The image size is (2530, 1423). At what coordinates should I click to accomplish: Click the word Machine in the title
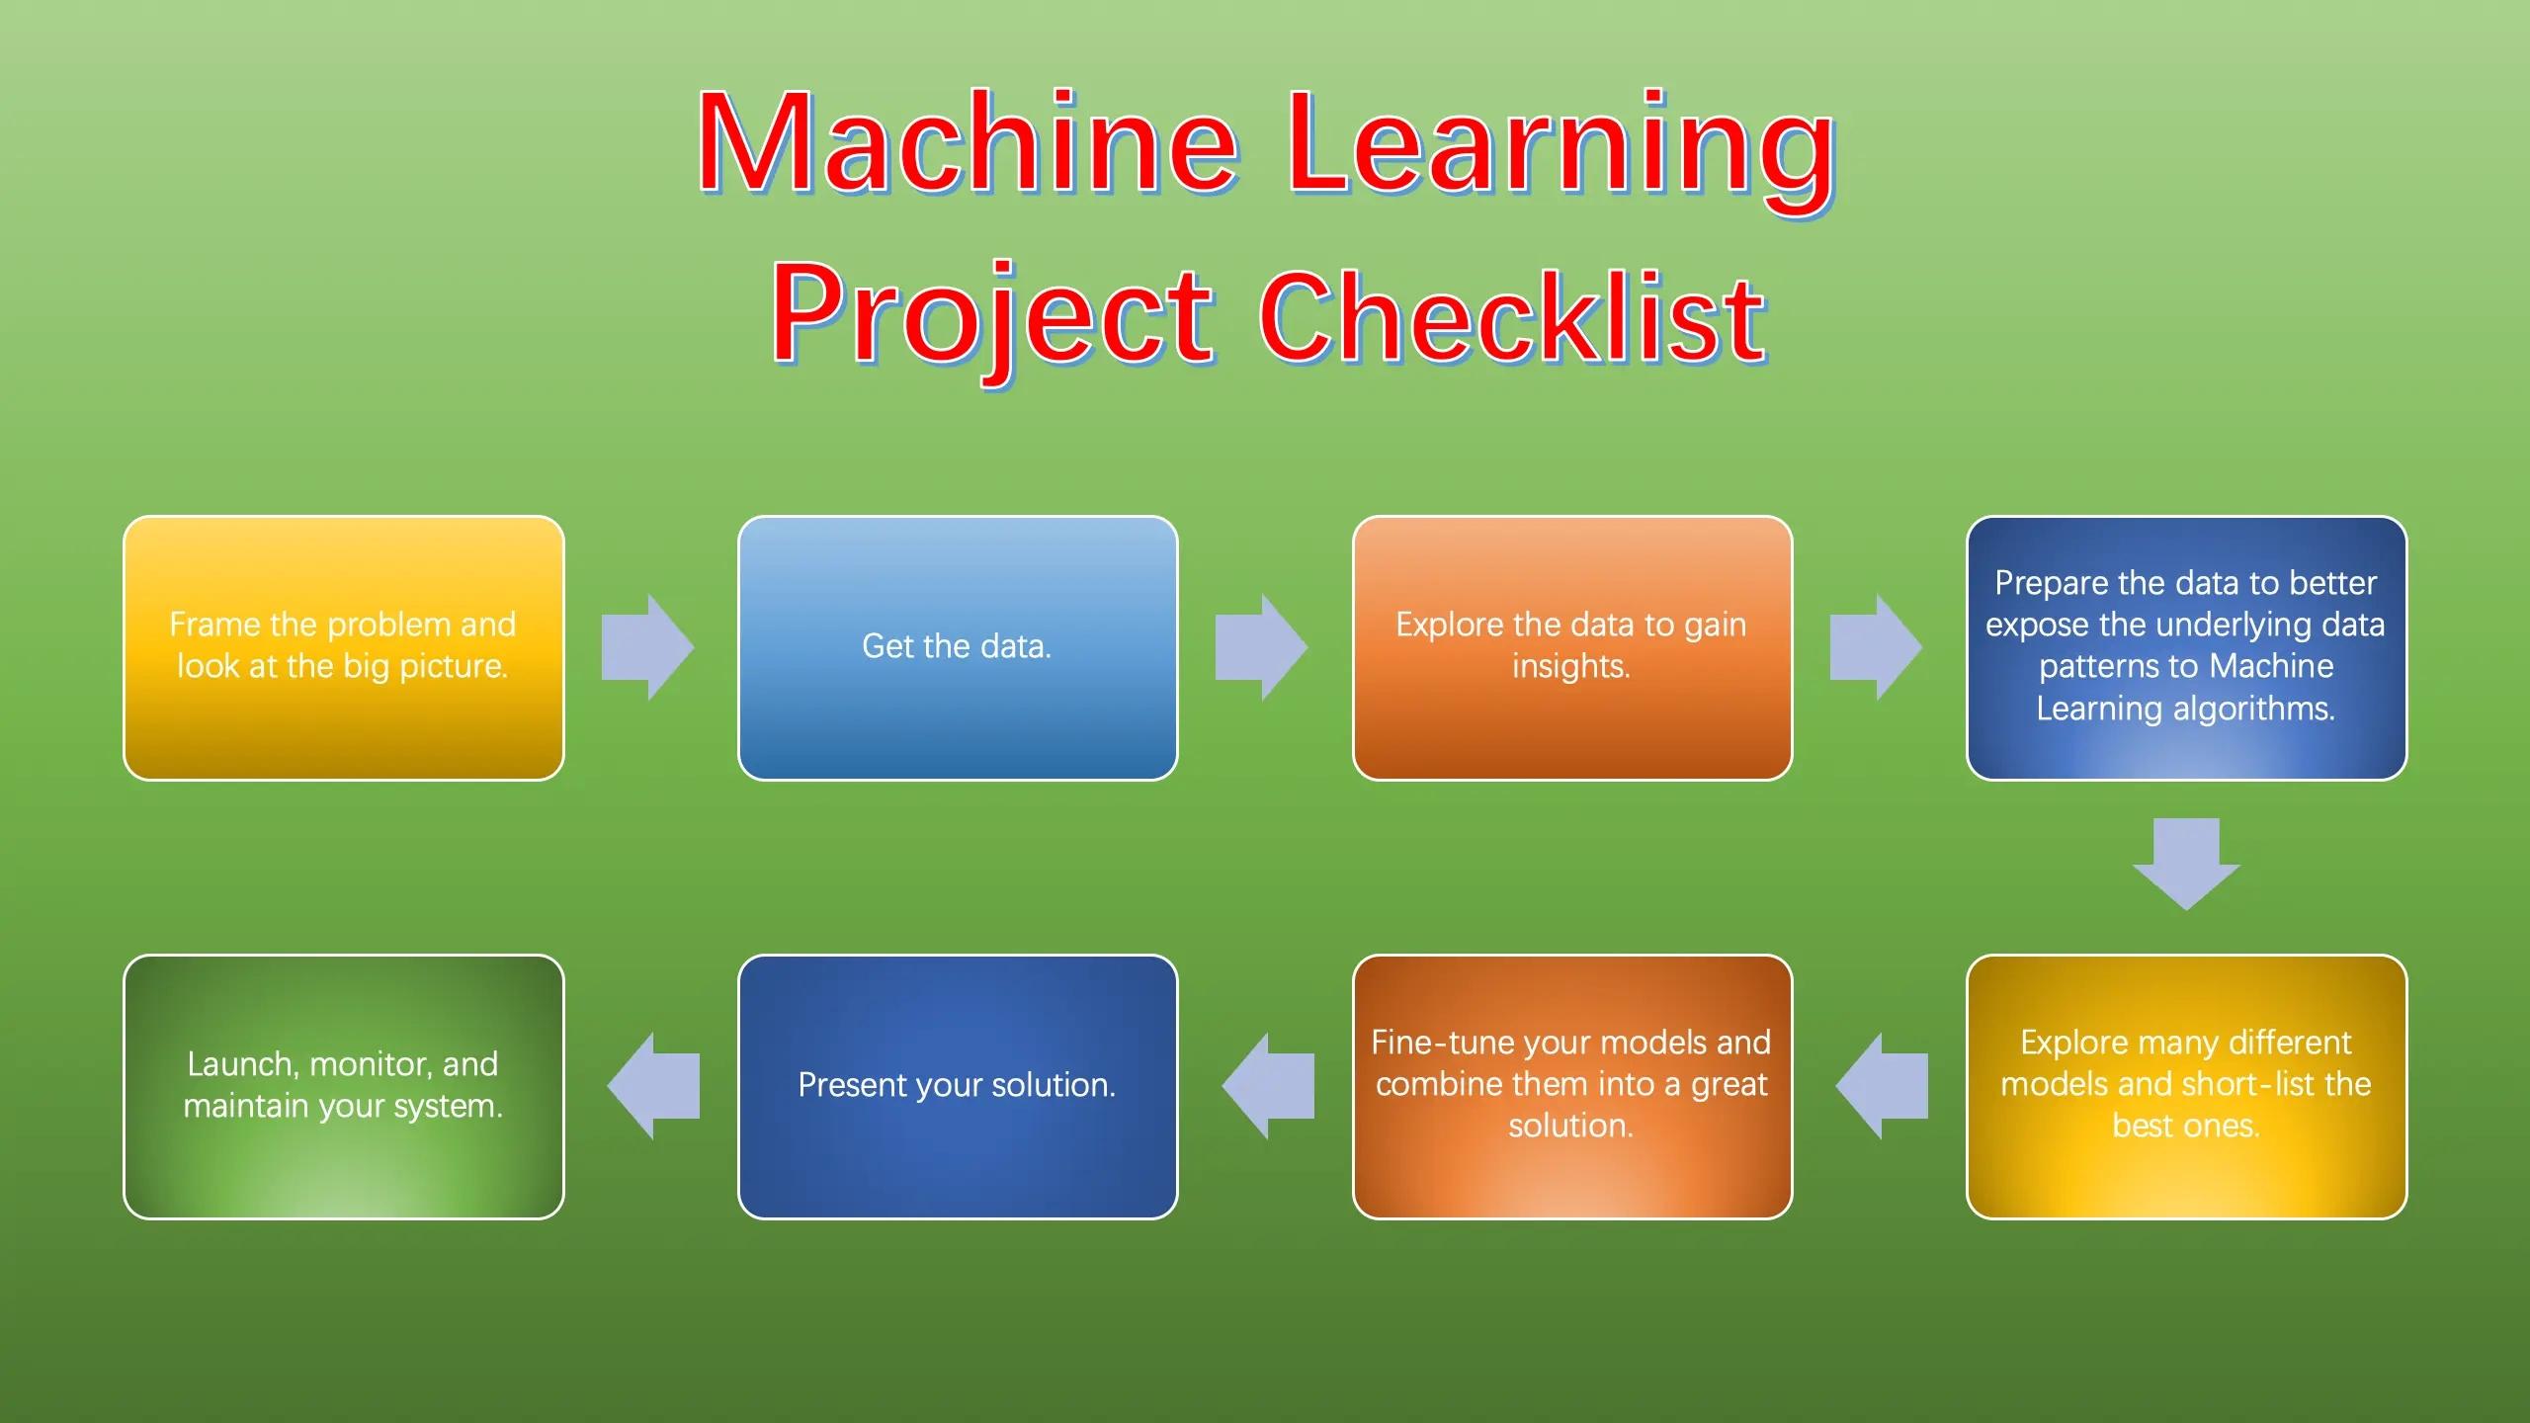(968, 143)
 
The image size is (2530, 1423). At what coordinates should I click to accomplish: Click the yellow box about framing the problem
(344, 648)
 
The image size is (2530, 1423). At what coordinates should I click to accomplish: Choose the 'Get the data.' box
(958, 648)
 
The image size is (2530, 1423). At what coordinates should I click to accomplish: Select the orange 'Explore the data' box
(1572, 648)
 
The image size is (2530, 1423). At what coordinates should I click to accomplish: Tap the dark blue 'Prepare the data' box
(2186, 648)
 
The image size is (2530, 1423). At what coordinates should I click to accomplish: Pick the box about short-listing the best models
(2186, 1087)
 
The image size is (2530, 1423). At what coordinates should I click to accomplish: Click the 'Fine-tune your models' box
(1572, 1087)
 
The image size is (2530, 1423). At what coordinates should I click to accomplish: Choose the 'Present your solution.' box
(958, 1087)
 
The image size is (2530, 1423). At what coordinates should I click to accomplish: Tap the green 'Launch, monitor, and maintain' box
(344, 1087)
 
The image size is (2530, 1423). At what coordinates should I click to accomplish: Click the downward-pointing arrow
(2186, 864)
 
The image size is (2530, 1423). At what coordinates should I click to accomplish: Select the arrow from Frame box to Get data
(648, 647)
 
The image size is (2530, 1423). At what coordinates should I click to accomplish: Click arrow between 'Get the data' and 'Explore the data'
(1262, 647)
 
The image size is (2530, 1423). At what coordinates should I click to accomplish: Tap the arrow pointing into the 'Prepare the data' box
(1876, 647)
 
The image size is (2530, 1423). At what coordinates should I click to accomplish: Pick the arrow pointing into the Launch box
(653, 1086)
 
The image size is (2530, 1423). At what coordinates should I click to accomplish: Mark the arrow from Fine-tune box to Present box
(1268, 1086)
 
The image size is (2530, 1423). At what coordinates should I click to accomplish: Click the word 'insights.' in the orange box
(1571, 667)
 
